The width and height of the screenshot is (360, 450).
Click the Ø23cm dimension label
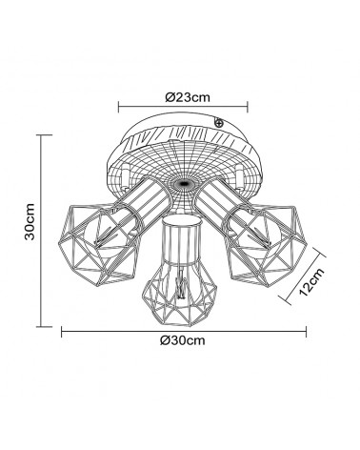188,97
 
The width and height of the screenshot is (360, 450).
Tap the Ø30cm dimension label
183,340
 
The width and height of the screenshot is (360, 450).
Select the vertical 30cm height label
30,221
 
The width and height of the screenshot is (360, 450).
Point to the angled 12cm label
311,282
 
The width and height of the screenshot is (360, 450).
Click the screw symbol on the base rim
218,122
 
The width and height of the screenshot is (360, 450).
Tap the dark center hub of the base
183,184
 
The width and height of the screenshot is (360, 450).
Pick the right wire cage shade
266,244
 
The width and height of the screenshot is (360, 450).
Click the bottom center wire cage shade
180,295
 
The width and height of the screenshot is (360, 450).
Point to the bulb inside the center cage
180,283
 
